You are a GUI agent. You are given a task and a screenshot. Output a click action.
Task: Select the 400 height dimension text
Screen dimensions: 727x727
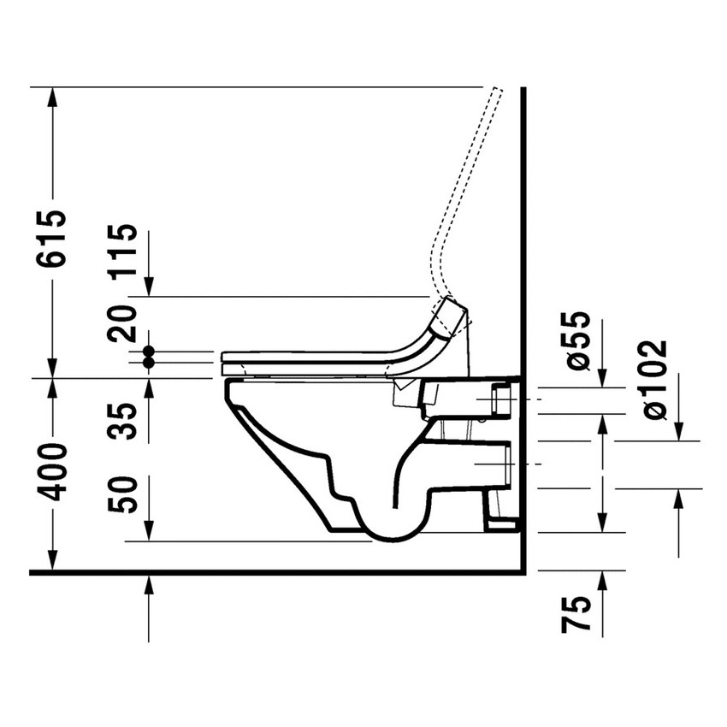tap(51, 471)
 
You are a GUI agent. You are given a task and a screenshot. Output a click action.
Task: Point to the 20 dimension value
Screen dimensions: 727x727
tap(125, 323)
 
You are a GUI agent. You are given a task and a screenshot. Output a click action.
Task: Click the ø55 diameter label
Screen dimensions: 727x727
tap(579, 340)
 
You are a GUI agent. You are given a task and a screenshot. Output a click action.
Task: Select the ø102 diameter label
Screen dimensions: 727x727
tap(654, 379)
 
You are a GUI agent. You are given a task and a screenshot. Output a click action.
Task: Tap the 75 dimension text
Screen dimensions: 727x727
tap(579, 615)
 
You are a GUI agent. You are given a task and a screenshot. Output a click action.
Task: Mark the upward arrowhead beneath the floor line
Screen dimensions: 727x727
tap(149, 585)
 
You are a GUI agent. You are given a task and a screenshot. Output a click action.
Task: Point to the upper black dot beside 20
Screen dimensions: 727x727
tap(149, 352)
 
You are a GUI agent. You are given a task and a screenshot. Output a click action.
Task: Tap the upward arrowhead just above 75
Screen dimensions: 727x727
tap(603, 581)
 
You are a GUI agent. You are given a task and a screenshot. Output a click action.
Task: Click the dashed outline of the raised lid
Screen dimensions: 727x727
tap(466, 188)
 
